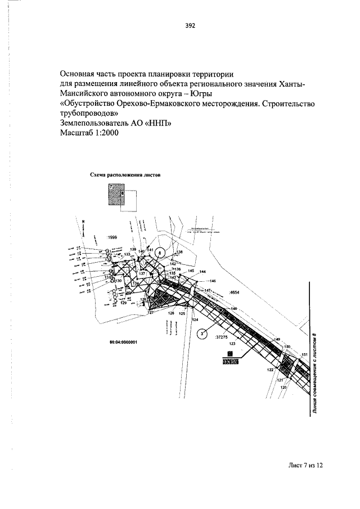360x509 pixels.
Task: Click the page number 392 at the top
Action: pos(190,25)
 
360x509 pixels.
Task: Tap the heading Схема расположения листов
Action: pos(125,175)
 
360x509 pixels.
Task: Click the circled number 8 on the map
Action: pos(160,253)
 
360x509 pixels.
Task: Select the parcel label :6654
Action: pos(235,293)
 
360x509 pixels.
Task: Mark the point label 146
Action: pos(212,280)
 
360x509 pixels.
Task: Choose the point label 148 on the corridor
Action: pos(233,309)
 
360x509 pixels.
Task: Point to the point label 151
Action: pos(305,354)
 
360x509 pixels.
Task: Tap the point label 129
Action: pos(123,303)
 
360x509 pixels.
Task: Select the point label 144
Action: pos(202,272)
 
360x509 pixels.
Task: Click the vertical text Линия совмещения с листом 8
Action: pos(315,373)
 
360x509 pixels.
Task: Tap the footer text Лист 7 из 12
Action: pos(305,466)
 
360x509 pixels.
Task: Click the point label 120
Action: pos(283,388)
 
